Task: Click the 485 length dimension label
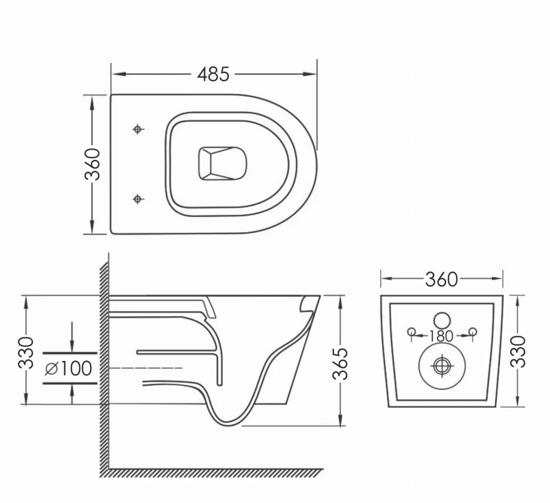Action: (x=213, y=74)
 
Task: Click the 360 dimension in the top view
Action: (x=92, y=164)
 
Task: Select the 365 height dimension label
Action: (x=340, y=364)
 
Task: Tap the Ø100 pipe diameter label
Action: (x=69, y=368)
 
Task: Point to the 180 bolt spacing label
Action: (x=441, y=336)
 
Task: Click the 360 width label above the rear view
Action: (x=442, y=280)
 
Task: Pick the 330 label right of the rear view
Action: (x=518, y=351)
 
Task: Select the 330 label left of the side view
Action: (x=26, y=352)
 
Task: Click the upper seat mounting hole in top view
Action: (x=137, y=129)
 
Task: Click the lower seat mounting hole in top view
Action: (x=137, y=199)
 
